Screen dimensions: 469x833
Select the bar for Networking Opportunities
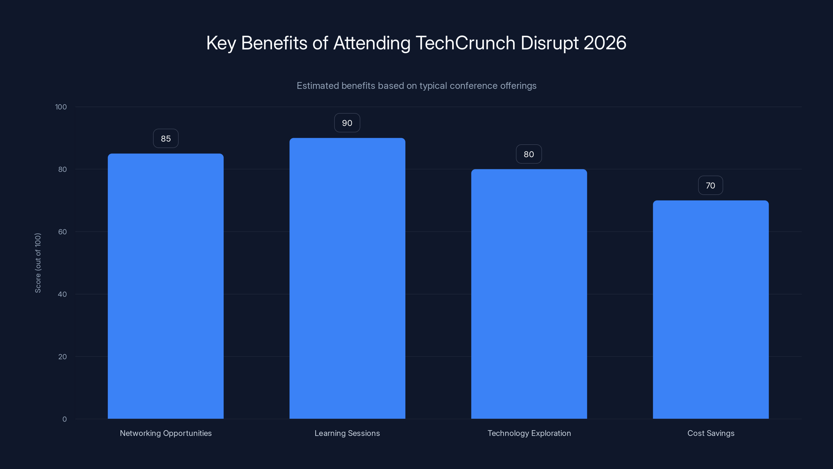(166, 286)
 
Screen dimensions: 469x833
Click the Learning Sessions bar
(347, 278)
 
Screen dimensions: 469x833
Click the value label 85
(166, 139)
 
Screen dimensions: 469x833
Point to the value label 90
(347, 123)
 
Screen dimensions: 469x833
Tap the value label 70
(710, 186)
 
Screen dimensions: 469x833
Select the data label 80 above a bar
(529, 155)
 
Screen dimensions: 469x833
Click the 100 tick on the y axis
(61, 107)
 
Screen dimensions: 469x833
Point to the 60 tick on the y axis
(62, 232)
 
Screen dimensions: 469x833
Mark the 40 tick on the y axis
(62, 294)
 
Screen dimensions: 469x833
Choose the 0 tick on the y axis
(64, 419)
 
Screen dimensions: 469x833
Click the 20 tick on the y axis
(62, 357)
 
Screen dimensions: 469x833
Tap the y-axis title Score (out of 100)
(38, 263)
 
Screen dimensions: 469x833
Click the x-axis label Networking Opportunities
(166, 433)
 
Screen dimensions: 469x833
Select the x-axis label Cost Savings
(710, 433)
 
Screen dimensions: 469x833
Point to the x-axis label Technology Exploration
(529, 433)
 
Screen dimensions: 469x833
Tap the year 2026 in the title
(605, 43)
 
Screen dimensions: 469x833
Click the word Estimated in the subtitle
(318, 86)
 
